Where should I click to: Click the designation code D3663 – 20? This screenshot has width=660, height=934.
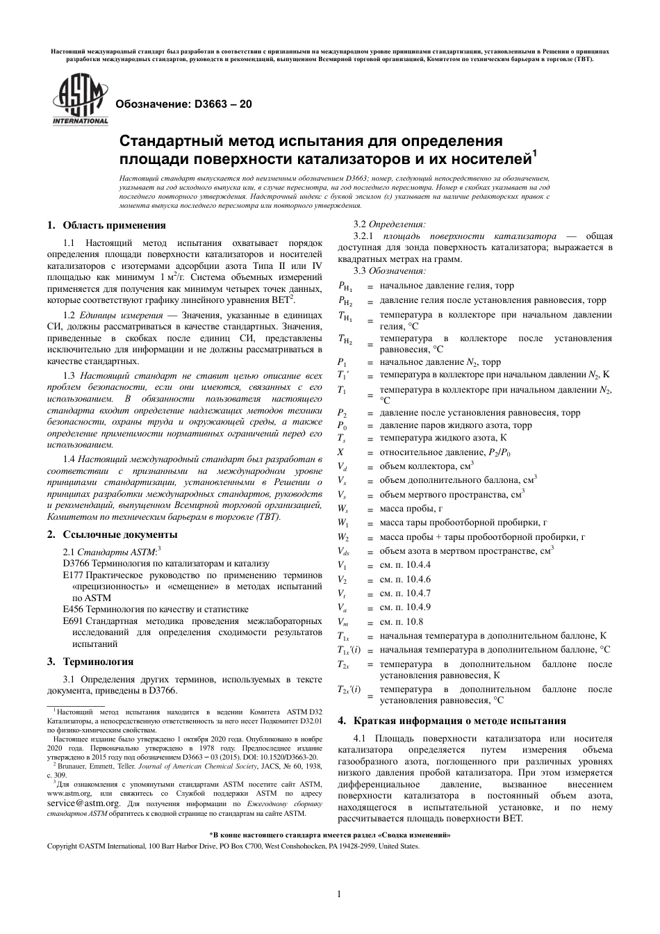point(183,104)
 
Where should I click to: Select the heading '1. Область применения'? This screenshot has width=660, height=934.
point(106,225)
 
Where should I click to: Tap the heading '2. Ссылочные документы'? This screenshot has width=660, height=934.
point(112,534)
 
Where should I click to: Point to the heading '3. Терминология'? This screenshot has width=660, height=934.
point(90,662)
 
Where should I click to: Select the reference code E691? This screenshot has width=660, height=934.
point(72,621)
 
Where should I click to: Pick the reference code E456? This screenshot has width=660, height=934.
point(72,609)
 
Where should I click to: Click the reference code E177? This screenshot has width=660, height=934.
point(72,575)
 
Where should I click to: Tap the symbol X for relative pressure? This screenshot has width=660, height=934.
point(341,452)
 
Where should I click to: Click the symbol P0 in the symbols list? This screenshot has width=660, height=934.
point(343,425)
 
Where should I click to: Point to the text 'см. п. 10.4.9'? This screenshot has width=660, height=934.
point(405,607)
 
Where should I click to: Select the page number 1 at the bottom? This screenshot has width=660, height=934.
point(337,894)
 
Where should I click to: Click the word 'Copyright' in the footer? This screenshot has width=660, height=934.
point(62,846)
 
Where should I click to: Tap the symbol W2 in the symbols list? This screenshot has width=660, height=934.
point(343,537)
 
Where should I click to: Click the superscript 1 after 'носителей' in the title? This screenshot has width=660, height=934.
point(535,155)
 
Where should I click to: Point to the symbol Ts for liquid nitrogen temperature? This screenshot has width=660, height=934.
point(342,439)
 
